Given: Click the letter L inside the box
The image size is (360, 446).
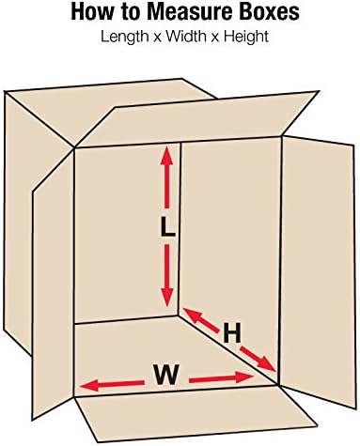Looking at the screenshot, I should pyautogui.click(x=166, y=227).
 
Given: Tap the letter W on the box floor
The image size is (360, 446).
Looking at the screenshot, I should pyautogui.click(x=166, y=376).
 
